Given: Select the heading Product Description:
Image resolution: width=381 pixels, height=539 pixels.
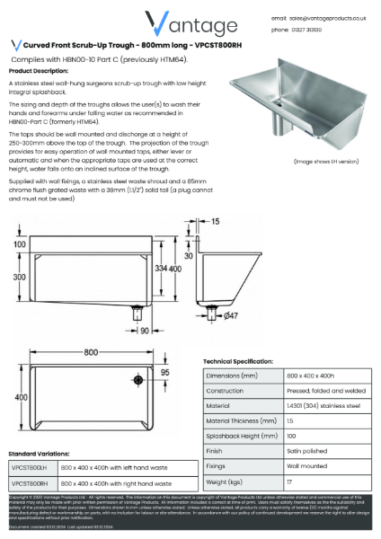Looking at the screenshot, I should [38, 69].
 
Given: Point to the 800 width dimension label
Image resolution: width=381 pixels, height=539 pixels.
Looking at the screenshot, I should [92, 352].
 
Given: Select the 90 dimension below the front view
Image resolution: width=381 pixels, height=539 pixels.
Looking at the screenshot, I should [144, 331].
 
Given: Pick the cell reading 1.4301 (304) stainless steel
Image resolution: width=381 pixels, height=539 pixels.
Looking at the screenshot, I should [323, 405].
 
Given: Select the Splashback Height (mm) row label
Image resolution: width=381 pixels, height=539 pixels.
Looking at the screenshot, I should [241, 436].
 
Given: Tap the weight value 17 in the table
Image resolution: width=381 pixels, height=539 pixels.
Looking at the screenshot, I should [289, 482].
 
